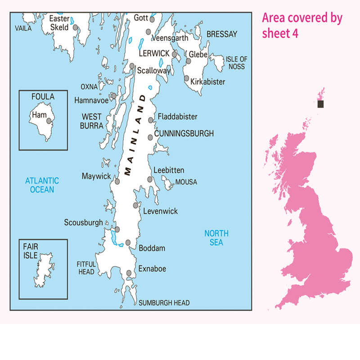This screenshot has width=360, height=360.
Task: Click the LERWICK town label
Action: (154, 53)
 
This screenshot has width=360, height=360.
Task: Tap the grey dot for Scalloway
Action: (132, 66)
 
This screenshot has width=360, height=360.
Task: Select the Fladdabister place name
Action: (177, 117)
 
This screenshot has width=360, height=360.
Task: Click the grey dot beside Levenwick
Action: (135, 206)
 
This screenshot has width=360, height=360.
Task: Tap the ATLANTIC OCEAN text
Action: (42, 185)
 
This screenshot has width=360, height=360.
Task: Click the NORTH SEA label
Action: (216, 238)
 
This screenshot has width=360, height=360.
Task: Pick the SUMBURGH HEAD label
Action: (164, 303)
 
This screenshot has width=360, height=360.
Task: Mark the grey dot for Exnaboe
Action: (129, 273)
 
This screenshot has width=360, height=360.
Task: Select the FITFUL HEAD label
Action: (86, 269)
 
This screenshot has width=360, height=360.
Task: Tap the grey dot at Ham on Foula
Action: (49, 121)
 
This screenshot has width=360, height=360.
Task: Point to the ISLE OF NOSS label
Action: (236, 63)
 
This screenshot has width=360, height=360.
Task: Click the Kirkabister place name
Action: (207, 82)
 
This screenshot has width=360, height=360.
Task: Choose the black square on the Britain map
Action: (320, 104)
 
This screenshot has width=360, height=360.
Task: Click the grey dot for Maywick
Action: (117, 182)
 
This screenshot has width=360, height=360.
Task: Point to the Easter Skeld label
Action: (59, 23)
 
